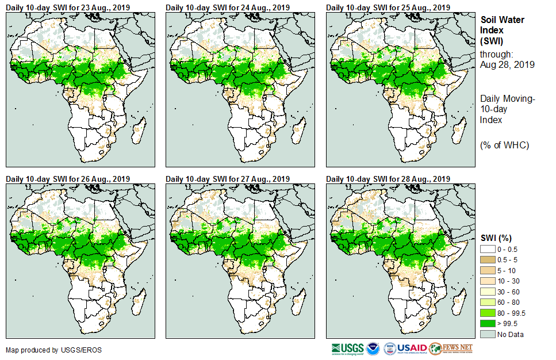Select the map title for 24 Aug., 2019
pyautogui.click(x=227, y=7)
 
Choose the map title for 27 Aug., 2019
pyautogui.click(x=227, y=179)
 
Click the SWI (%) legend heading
pyautogui.click(x=496, y=238)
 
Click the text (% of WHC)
pyautogui.click(x=504, y=145)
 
